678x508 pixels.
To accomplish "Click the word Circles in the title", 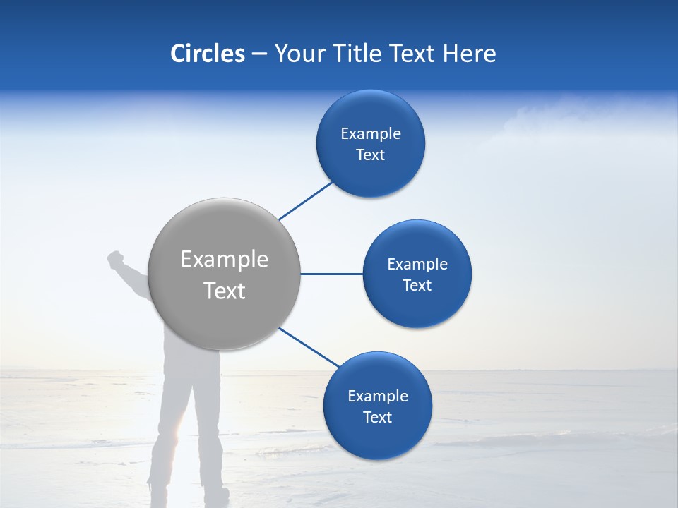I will point(208,54).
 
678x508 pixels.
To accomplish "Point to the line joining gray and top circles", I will point(306,201).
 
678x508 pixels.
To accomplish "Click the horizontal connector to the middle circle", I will point(331,274).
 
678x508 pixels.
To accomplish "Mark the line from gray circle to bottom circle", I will point(309,347).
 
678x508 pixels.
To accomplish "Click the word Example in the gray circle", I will point(225,260).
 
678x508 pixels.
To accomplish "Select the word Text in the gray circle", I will point(225,291).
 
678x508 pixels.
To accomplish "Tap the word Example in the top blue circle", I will point(371,134).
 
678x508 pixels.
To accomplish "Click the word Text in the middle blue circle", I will point(417,286).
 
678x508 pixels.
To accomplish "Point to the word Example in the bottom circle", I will point(378,397).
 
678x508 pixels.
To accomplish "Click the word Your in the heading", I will point(296,54).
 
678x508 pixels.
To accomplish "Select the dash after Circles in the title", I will point(258,54).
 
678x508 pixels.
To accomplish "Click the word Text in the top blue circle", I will point(371,155).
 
